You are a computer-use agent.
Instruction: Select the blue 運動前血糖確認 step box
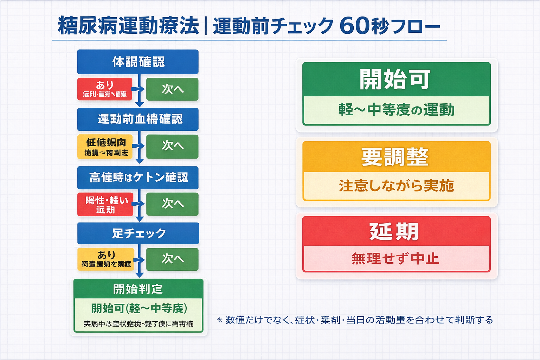click(x=138, y=119)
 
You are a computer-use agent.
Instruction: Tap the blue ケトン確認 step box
click(x=138, y=178)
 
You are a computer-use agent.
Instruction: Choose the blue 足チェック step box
click(x=138, y=233)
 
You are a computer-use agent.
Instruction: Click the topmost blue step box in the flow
click(x=138, y=62)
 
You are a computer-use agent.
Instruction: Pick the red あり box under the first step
click(x=105, y=89)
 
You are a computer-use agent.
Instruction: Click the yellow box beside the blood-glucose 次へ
click(x=105, y=147)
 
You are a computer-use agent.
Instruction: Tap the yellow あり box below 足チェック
click(x=106, y=259)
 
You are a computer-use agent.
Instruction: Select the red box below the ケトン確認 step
click(x=105, y=204)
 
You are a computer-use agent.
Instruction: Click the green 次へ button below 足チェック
click(x=172, y=259)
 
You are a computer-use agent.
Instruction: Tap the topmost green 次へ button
click(x=172, y=89)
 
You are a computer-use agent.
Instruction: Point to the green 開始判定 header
click(x=138, y=289)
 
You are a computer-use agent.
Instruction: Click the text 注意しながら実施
click(x=396, y=186)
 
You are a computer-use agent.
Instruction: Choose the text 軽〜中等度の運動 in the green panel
click(x=396, y=110)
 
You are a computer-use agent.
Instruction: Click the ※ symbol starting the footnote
click(x=220, y=320)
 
